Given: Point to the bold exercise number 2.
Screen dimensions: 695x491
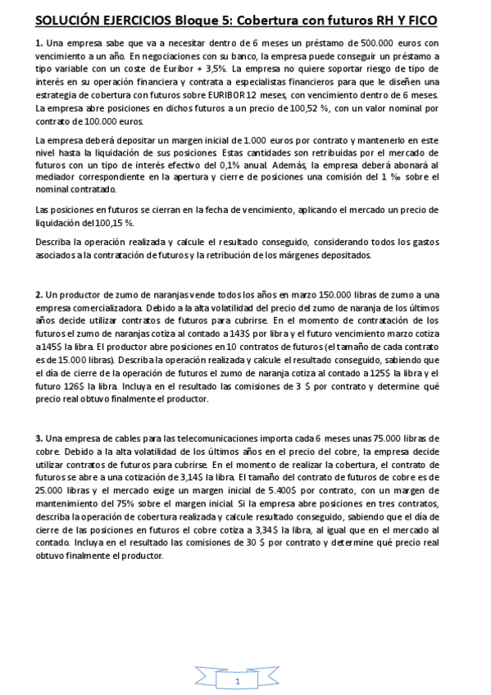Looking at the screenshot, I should coord(39,294).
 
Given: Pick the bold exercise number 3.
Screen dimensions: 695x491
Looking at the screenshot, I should coord(39,438).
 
